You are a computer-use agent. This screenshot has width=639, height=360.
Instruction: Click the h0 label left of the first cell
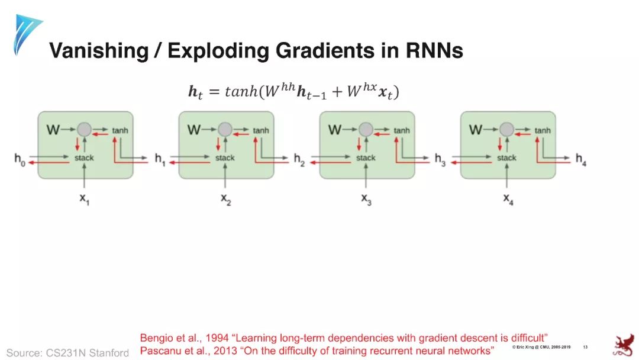pos(20,159)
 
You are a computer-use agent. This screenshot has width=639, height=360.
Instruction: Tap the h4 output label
pos(580,159)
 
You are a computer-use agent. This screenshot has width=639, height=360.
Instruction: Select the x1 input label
pos(85,200)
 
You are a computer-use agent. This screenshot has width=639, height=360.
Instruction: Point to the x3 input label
pos(367,200)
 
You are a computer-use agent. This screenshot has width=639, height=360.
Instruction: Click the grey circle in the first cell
pos(84,130)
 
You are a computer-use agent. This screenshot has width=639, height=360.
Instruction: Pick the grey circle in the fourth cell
pos(506,130)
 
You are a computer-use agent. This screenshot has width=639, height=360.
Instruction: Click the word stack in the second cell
pos(225,158)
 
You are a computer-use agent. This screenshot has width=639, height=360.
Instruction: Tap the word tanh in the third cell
pos(402,130)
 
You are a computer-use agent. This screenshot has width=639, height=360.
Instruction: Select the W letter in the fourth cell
pos(475,130)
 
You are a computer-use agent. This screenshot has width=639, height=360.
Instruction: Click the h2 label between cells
pos(299,159)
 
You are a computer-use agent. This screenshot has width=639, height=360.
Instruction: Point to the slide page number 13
pos(585,346)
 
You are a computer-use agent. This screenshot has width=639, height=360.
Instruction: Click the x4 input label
pos(508,200)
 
